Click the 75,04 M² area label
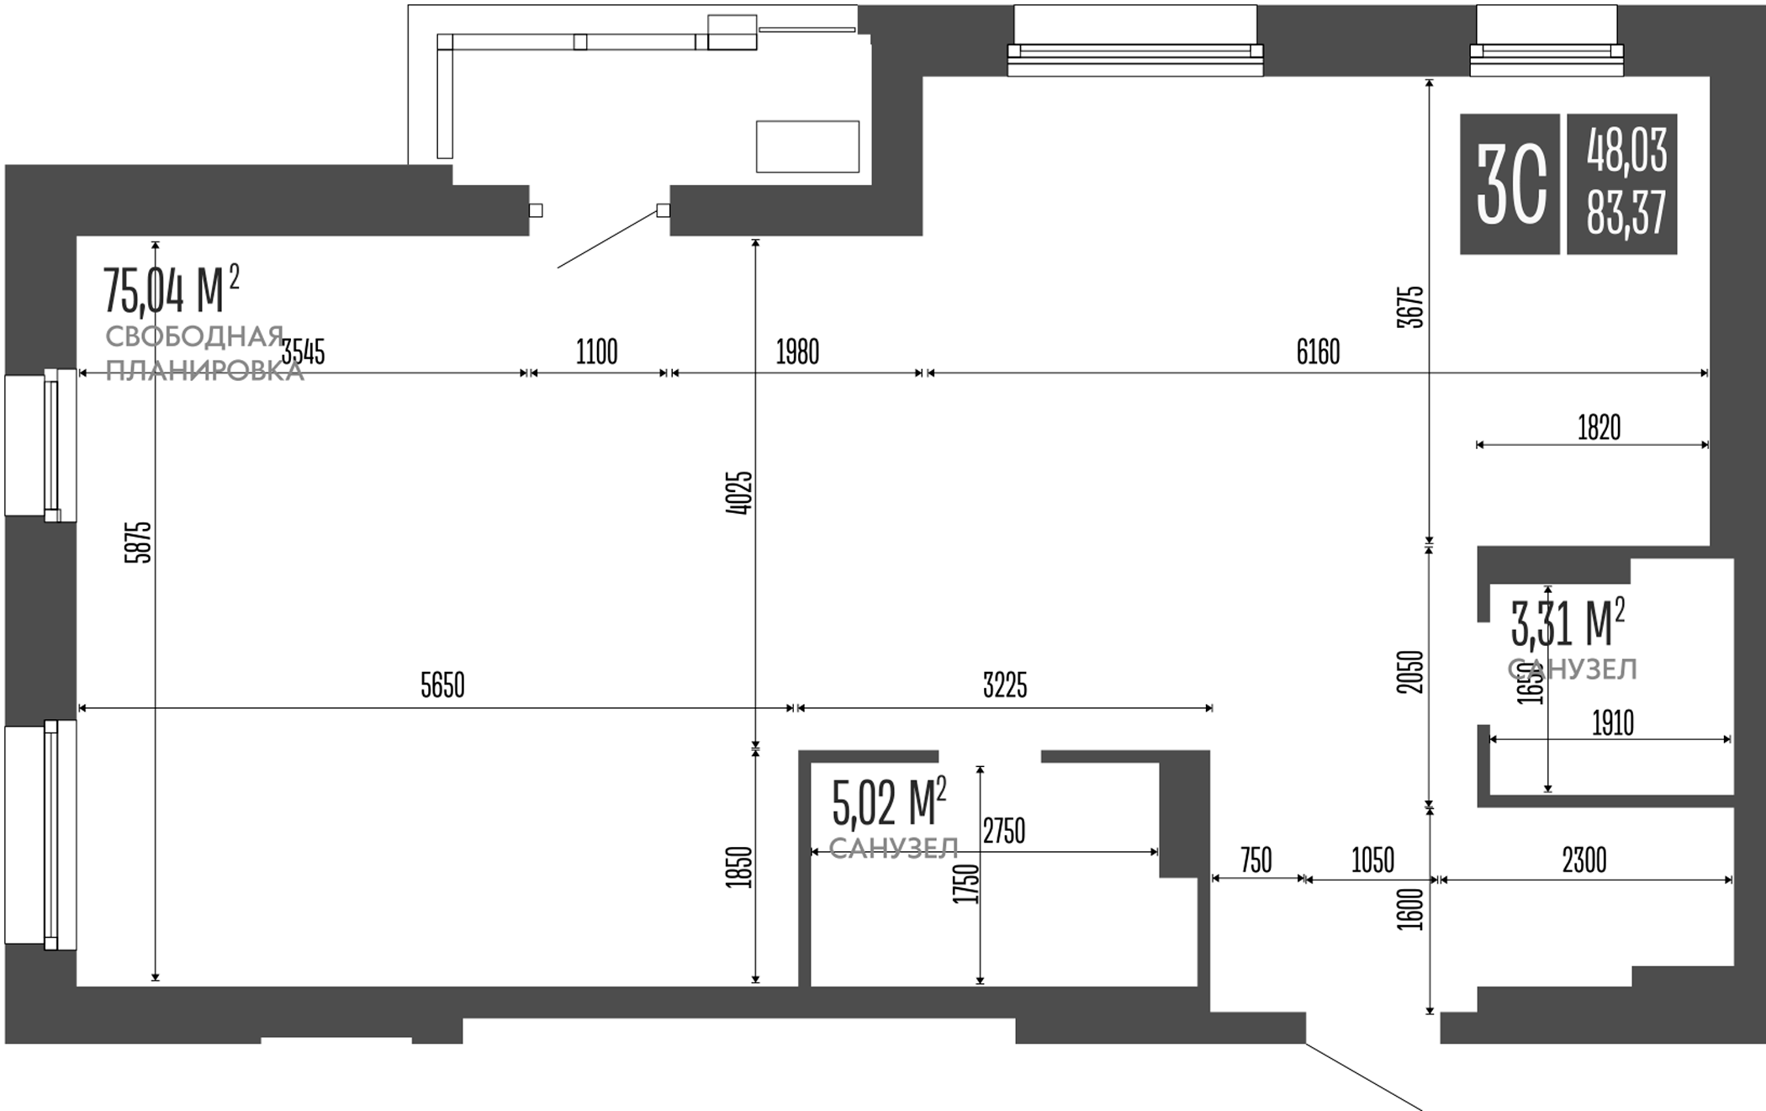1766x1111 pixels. coord(171,289)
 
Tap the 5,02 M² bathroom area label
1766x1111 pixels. coord(889,802)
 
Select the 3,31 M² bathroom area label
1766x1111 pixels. coord(1568,623)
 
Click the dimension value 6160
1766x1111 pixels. coord(1318,352)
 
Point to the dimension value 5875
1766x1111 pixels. coord(139,542)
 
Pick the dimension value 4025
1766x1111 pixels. coord(739,493)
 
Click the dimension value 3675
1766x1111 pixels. coord(1411,307)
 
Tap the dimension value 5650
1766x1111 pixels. coord(442,686)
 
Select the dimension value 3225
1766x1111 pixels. coord(1005,686)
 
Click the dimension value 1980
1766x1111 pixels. coord(797,352)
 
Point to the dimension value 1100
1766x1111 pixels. coord(596,352)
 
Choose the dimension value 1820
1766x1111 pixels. coord(1599,428)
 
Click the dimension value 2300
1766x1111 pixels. coord(1584,861)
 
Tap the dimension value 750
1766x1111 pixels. coord(1256,861)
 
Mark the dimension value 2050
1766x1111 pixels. coord(1411,672)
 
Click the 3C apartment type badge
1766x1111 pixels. coord(1510,184)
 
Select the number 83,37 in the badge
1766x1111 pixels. coord(1626,214)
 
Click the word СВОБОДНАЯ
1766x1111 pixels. coord(194,337)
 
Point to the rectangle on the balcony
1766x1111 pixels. coord(807,146)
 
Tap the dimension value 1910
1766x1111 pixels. coord(1613,723)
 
